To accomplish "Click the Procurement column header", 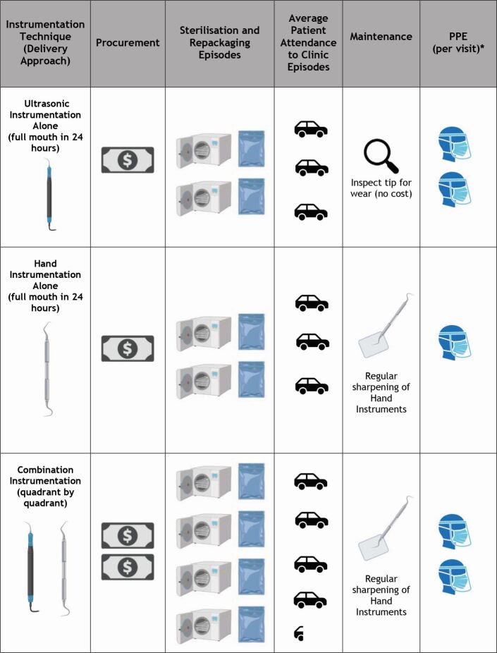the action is (128, 42).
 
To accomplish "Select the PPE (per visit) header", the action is (458, 42).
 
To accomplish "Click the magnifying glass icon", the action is (381, 156).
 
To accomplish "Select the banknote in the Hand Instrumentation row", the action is (127, 348).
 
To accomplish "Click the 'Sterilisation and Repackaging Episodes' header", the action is (220, 42).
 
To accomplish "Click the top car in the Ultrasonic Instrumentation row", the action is (311, 128).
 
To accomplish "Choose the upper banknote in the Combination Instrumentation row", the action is (127, 536).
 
